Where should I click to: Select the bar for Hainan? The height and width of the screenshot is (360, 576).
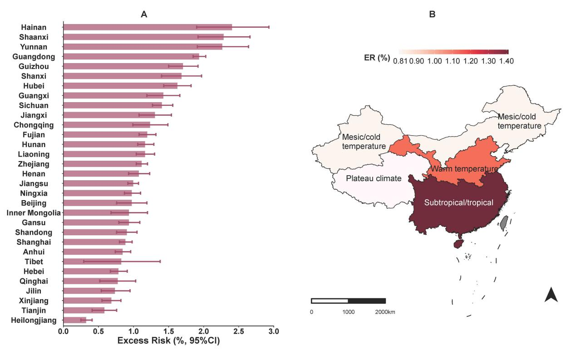[x=148, y=27]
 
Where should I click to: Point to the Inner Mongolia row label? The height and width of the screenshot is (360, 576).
[x=34, y=213]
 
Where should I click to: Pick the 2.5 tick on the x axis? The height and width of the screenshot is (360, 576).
[x=239, y=332]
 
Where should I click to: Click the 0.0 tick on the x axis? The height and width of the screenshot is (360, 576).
[x=64, y=332]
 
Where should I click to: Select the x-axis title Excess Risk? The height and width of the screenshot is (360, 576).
[x=168, y=341]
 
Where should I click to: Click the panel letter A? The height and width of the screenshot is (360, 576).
[x=144, y=15]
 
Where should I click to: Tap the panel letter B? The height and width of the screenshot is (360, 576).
[x=432, y=15]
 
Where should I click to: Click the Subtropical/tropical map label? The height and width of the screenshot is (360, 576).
[x=458, y=203]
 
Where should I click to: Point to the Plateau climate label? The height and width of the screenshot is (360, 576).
[x=374, y=178]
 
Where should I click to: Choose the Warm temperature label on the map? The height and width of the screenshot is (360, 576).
[x=464, y=169]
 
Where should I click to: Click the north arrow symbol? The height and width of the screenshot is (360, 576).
[x=551, y=295]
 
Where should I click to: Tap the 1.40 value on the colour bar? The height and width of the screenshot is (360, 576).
[x=506, y=61]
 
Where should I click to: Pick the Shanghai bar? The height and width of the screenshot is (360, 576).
[x=94, y=242]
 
